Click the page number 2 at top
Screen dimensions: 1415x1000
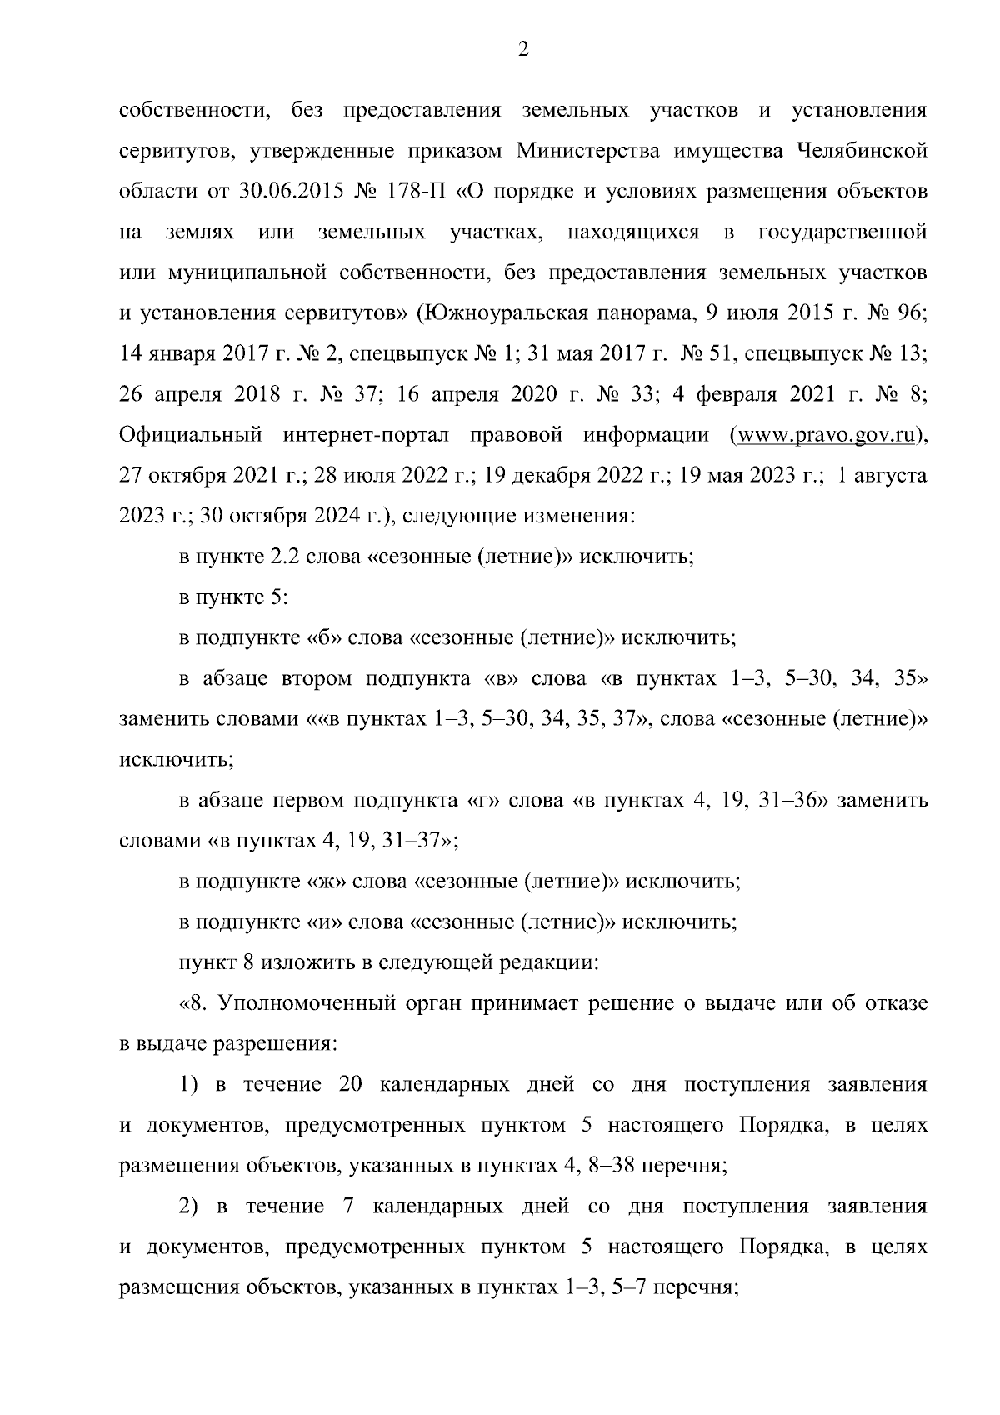pyautogui.click(x=523, y=50)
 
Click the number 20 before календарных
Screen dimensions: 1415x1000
pyautogui.click(x=351, y=1085)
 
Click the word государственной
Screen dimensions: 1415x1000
pyautogui.click(x=843, y=232)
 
